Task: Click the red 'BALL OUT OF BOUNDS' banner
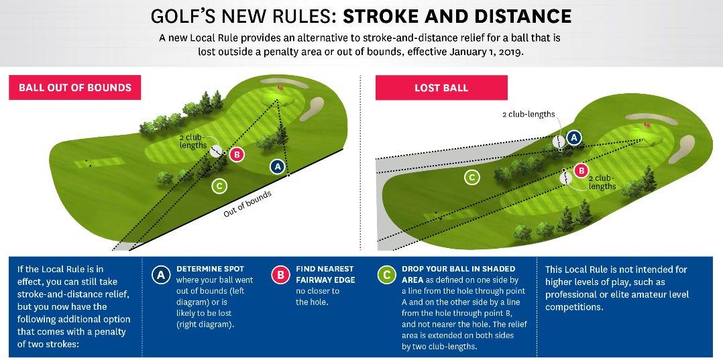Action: (x=75, y=88)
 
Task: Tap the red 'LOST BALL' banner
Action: (x=441, y=88)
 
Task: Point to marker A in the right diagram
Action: (x=573, y=138)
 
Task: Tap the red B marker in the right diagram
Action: (x=581, y=170)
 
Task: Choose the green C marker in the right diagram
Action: (x=473, y=177)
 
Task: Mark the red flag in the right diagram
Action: (x=647, y=124)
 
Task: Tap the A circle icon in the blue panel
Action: (x=160, y=274)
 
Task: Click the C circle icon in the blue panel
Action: (x=386, y=274)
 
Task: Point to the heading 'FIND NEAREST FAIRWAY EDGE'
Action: (x=325, y=274)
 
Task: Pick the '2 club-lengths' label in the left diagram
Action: (x=192, y=141)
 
